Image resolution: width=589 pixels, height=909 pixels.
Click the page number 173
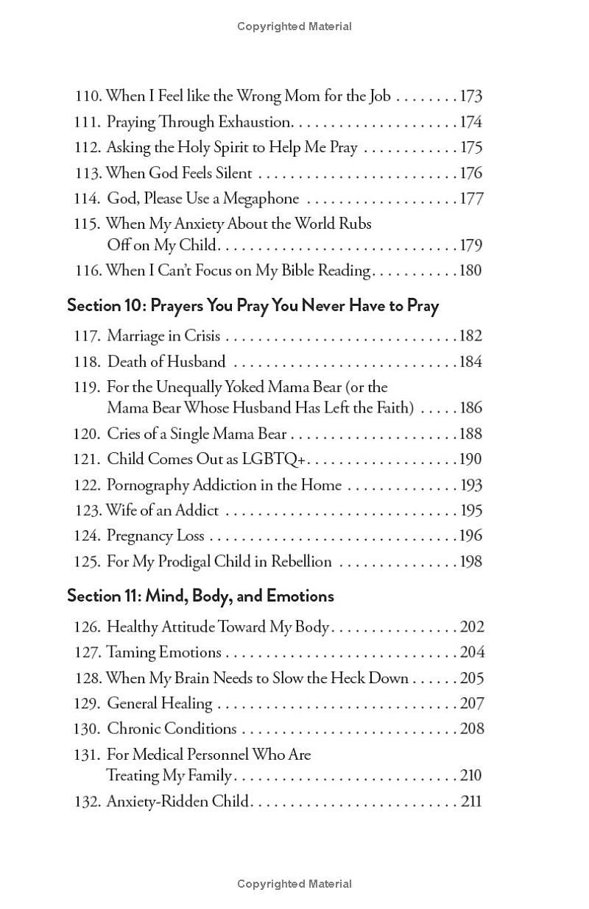coord(470,96)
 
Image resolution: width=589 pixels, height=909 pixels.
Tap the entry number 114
coord(87,199)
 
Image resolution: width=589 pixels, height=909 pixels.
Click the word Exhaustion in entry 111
coord(255,122)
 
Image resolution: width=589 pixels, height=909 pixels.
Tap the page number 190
coord(470,460)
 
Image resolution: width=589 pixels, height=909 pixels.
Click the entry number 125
coord(87,562)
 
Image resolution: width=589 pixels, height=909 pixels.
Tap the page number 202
coord(471,627)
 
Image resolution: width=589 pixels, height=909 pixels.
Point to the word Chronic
coord(134,729)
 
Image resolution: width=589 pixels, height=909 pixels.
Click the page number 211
coord(471,801)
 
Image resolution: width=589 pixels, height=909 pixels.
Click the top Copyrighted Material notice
coord(294,26)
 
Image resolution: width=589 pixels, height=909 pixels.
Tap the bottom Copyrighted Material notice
coord(294,884)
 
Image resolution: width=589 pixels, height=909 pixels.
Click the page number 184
coord(470,362)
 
